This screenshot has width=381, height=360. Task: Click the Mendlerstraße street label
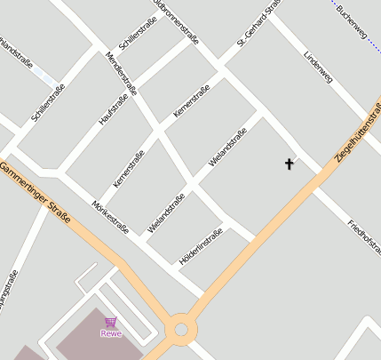(x=122, y=72)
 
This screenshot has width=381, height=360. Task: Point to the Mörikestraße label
(x=110, y=216)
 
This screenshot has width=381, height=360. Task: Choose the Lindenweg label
(x=317, y=67)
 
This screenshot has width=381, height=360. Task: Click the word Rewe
(x=110, y=333)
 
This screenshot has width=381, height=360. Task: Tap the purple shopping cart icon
(x=110, y=322)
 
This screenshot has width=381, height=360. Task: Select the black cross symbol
(x=289, y=164)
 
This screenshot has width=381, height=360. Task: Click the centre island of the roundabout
(x=181, y=330)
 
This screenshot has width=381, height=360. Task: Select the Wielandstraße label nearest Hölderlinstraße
(x=166, y=212)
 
